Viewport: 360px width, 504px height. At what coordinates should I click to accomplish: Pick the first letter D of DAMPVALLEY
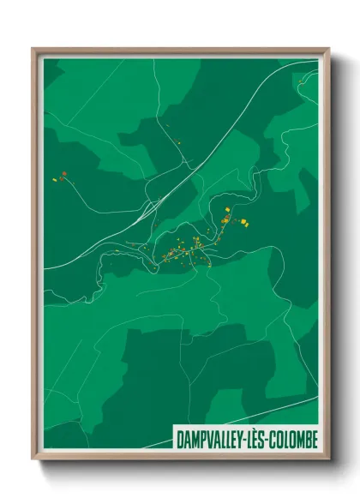coord(179,439)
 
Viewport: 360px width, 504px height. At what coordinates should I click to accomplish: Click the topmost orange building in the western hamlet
coord(63,174)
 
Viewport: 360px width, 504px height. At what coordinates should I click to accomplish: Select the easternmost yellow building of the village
coord(245,224)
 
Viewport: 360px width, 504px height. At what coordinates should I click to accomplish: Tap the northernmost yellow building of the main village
coord(228,209)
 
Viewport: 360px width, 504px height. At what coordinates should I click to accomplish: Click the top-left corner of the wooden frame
coord(33,50)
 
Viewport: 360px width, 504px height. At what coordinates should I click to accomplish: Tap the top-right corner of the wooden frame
coord(328,50)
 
